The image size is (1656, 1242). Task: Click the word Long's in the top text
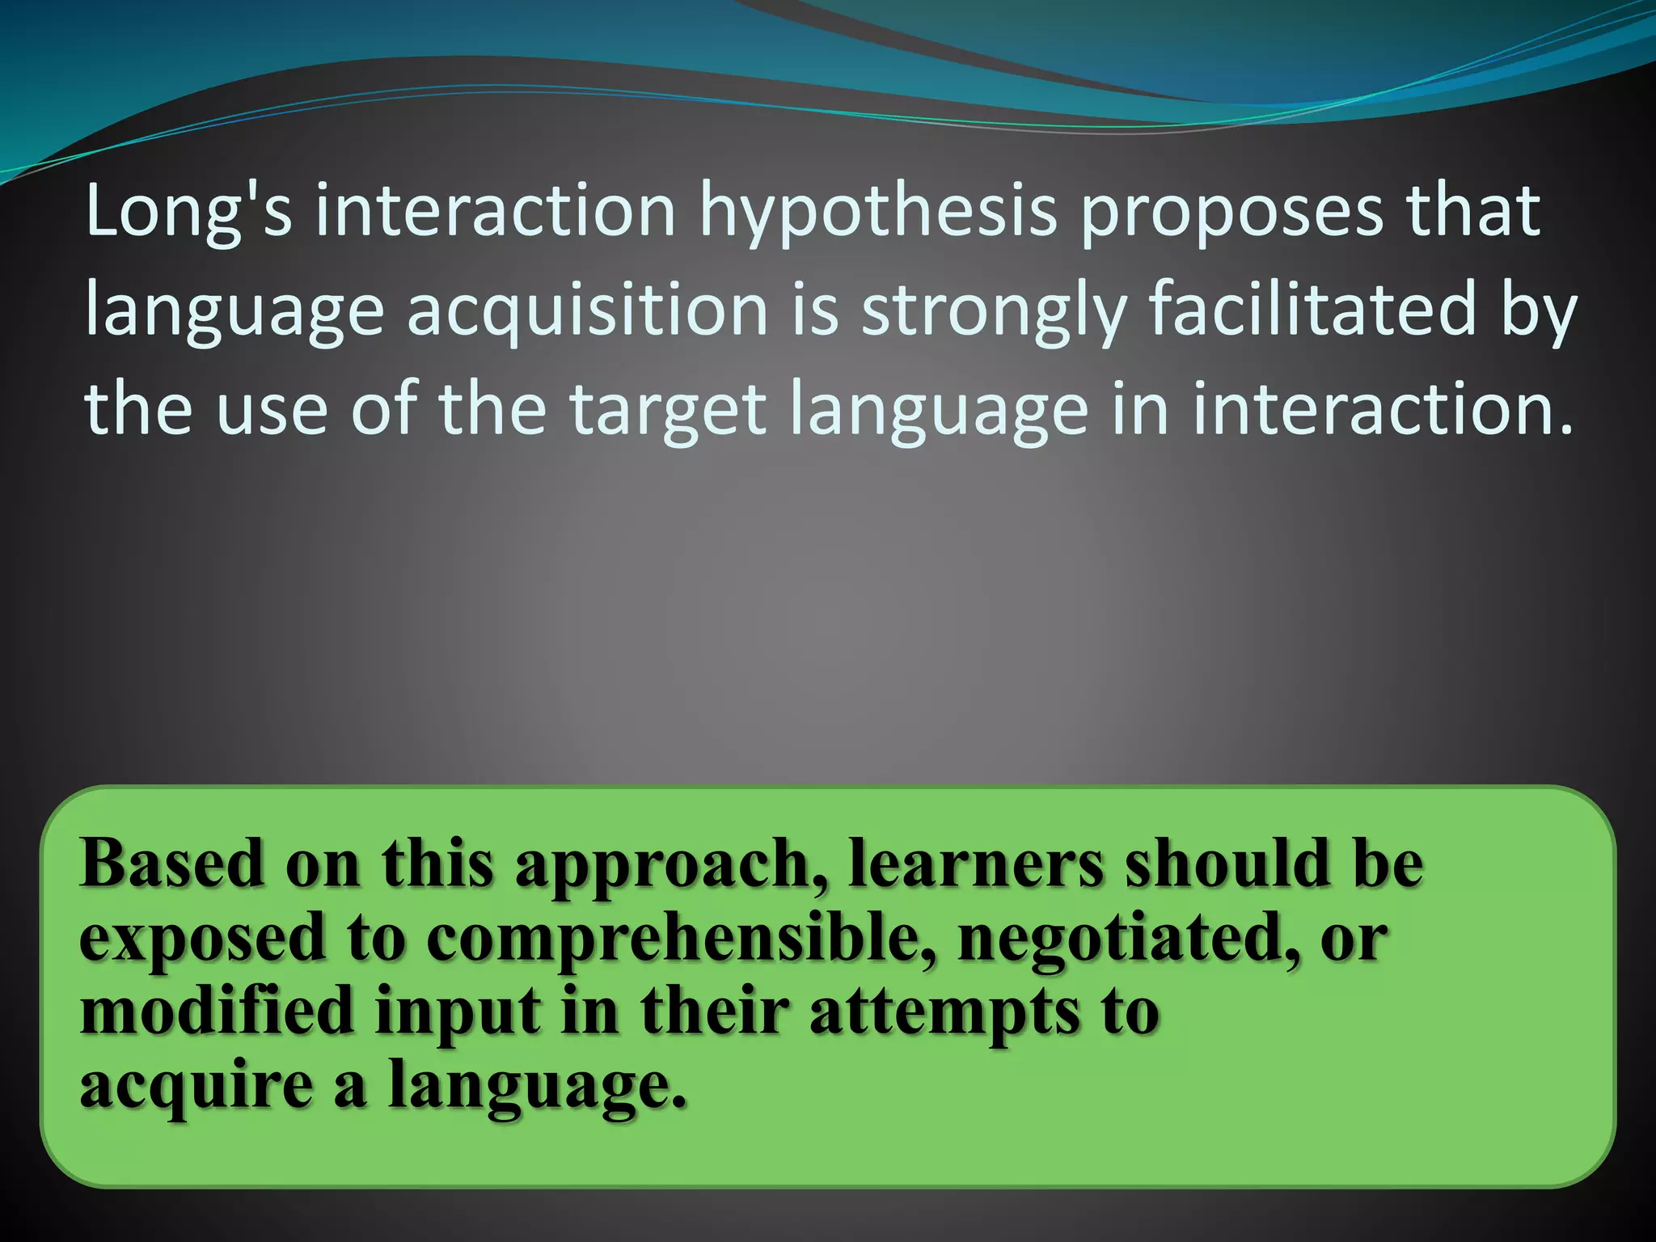188,212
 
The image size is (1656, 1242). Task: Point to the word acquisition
586,312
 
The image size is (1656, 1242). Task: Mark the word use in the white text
272,411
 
